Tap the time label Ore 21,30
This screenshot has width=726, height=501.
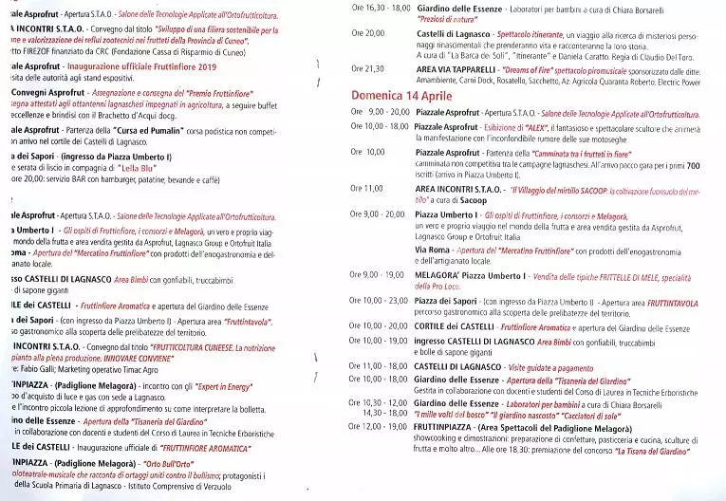point(367,68)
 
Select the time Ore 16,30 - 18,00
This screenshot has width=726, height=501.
point(379,7)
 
